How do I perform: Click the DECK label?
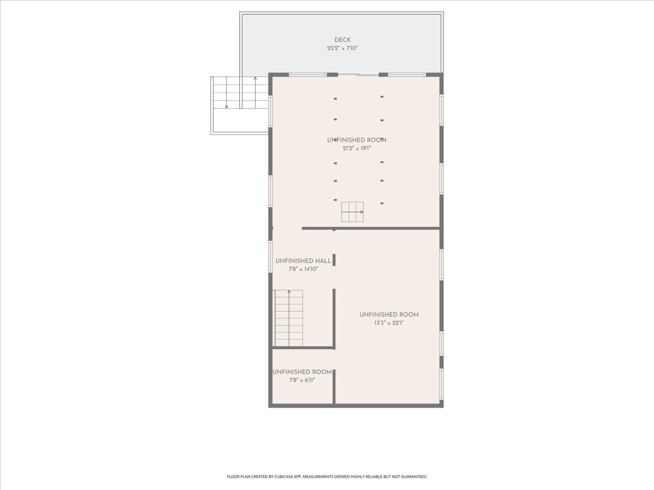(342, 40)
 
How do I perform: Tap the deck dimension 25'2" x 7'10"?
(342, 48)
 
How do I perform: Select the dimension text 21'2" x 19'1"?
(356, 149)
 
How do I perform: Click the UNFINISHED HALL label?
(303, 261)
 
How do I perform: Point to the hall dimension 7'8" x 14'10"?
(304, 269)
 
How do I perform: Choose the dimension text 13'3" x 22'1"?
(389, 323)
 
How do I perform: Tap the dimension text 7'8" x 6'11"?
(302, 380)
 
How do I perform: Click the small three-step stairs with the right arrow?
(353, 212)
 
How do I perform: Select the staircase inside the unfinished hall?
(289, 318)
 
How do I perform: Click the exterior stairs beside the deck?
(241, 93)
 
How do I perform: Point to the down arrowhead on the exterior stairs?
(226, 107)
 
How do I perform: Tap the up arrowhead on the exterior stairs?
(256, 78)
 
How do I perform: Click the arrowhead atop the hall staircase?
(289, 292)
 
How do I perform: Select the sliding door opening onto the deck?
(358, 75)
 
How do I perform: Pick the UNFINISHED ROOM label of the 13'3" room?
(389, 315)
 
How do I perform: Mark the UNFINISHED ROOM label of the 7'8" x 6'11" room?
(302, 372)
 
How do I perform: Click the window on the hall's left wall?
(270, 257)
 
